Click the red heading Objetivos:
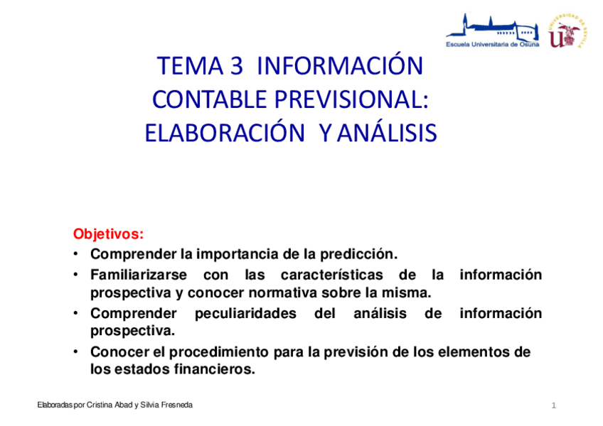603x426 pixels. (108, 234)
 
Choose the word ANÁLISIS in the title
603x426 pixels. (386, 133)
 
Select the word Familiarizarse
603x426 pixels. (139, 275)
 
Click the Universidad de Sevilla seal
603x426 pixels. (567, 31)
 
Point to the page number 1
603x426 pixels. (553, 405)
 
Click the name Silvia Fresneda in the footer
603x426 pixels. (166, 405)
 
